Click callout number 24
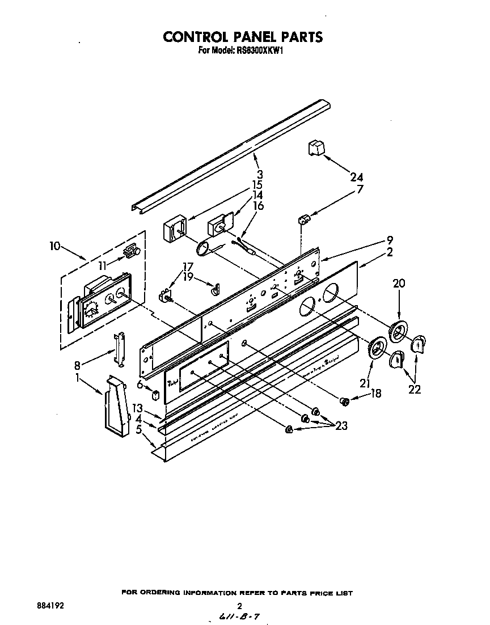pos(356,176)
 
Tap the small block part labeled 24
pos(315,148)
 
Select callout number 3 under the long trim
pos(260,174)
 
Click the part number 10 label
pos(55,246)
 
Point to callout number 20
pos(399,284)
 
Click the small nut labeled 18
pos(344,402)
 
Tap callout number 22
pos(415,389)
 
